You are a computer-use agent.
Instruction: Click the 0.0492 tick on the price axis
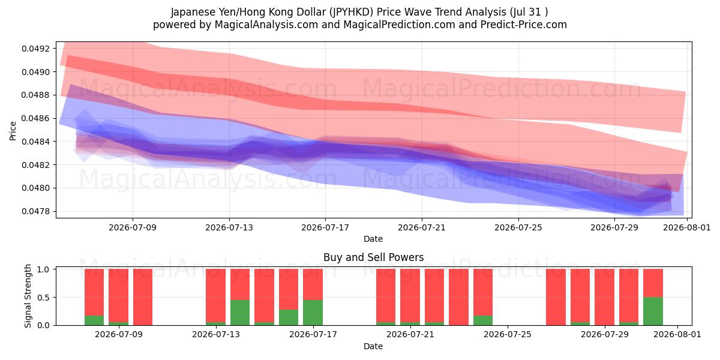(35, 49)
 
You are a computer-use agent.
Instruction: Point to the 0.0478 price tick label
(35, 211)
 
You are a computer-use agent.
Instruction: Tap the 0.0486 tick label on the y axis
(35, 118)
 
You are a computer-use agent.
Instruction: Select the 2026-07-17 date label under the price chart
(325, 227)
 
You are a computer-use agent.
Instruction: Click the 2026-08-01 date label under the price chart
(687, 227)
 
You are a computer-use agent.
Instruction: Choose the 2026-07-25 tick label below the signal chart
(508, 334)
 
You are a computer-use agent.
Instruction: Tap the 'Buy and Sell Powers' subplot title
(373, 257)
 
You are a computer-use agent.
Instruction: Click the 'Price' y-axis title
(13, 131)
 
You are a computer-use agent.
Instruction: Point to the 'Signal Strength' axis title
(28, 296)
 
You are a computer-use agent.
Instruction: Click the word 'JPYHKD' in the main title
(351, 12)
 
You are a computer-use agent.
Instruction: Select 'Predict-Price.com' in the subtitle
(524, 25)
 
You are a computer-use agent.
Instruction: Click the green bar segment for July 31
(653, 311)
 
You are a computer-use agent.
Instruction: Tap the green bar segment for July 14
(240, 313)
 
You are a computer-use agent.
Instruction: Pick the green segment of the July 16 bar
(289, 317)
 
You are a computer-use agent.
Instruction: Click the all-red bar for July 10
(143, 297)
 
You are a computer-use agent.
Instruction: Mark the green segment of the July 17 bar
(313, 313)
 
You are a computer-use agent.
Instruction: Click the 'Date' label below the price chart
(373, 239)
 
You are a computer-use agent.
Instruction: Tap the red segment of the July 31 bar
(653, 283)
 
